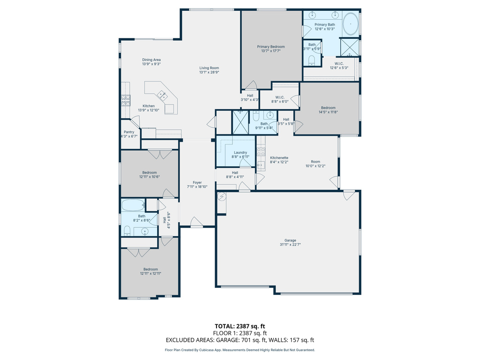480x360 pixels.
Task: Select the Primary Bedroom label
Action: [x=270, y=47]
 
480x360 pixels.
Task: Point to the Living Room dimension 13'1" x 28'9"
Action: [x=209, y=72]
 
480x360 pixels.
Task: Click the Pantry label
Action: [x=129, y=132]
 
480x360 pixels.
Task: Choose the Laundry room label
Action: [x=240, y=152]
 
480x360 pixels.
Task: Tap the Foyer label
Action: [x=197, y=182]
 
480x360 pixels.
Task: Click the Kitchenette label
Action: [x=279, y=158]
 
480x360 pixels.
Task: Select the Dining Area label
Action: [x=151, y=60]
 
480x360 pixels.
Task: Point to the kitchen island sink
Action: [x=163, y=96]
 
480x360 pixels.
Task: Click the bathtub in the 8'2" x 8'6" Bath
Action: [x=133, y=205]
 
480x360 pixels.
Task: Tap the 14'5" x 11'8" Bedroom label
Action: [x=328, y=108]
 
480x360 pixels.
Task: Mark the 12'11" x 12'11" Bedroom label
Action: [x=150, y=269]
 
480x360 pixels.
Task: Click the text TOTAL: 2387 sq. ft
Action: [x=240, y=326]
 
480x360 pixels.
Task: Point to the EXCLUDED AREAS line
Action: [x=240, y=340]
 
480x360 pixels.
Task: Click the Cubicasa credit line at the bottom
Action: [x=240, y=350]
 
